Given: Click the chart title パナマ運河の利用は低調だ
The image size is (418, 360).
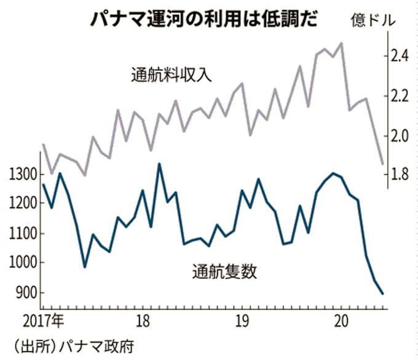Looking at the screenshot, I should [x=203, y=18].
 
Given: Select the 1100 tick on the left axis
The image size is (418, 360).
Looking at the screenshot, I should [x=22, y=234].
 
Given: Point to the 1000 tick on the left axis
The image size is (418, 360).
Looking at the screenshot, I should [x=22, y=263].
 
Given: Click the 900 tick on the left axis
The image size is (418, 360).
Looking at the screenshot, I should [x=25, y=293].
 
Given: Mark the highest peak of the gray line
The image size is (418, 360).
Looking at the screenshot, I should [x=342, y=43].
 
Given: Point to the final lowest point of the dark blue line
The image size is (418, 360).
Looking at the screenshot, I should [x=383, y=294].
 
